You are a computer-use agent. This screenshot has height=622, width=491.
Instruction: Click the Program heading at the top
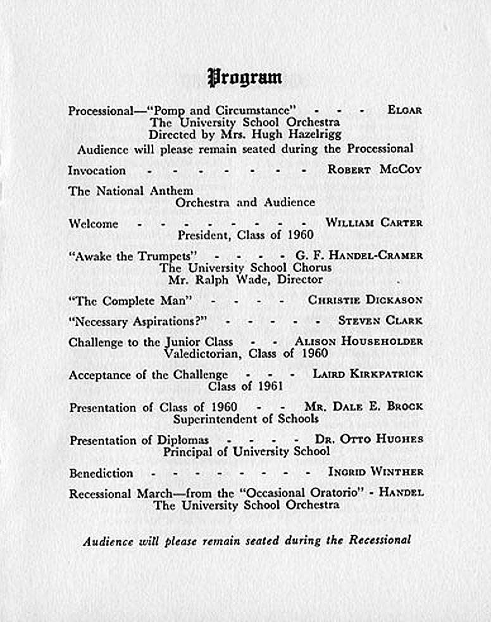[245, 78]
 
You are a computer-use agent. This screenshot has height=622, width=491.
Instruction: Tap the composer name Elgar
[404, 110]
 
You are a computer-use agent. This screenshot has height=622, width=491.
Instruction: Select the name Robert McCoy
[374, 170]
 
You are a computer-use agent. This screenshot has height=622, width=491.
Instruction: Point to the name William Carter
[373, 223]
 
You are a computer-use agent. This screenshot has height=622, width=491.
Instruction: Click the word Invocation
[97, 171]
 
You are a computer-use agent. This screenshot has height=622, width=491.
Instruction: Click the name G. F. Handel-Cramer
[359, 256]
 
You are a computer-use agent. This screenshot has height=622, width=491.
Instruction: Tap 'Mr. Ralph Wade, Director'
[245, 279]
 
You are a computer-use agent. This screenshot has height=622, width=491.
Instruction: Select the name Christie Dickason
[365, 300]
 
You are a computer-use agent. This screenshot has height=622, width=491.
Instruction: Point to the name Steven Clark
[380, 320]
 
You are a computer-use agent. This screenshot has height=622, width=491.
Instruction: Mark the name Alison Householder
[359, 341]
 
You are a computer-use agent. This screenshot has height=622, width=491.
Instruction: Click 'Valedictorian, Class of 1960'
[245, 353]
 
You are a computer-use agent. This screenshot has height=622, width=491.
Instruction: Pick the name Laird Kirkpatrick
[368, 374]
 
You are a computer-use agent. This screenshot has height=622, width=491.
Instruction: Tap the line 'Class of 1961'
[245, 386]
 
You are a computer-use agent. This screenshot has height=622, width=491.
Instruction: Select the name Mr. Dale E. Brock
[363, 406]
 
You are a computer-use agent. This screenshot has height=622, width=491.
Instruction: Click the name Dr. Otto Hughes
[369, 439]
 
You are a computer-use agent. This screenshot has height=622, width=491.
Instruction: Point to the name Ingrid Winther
[376, 472]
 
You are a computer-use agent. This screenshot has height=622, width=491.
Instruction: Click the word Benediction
[101, 473]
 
